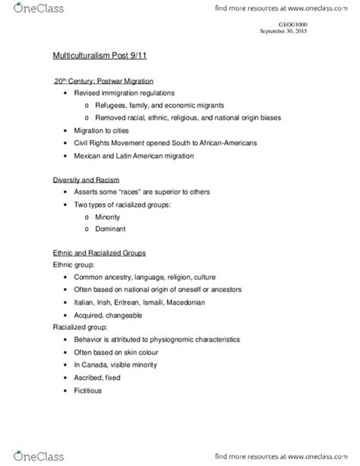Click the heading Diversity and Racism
pos(84,181)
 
